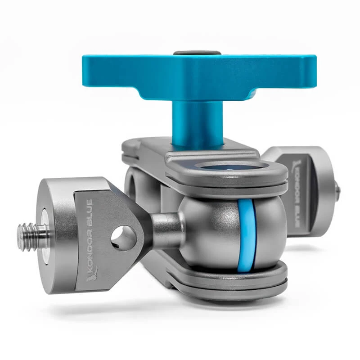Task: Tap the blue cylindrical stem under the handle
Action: coord(198,124)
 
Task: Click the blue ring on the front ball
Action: coord(246,235)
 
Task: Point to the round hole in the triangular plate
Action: coord(124,238)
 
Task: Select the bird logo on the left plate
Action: coord(92,274)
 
